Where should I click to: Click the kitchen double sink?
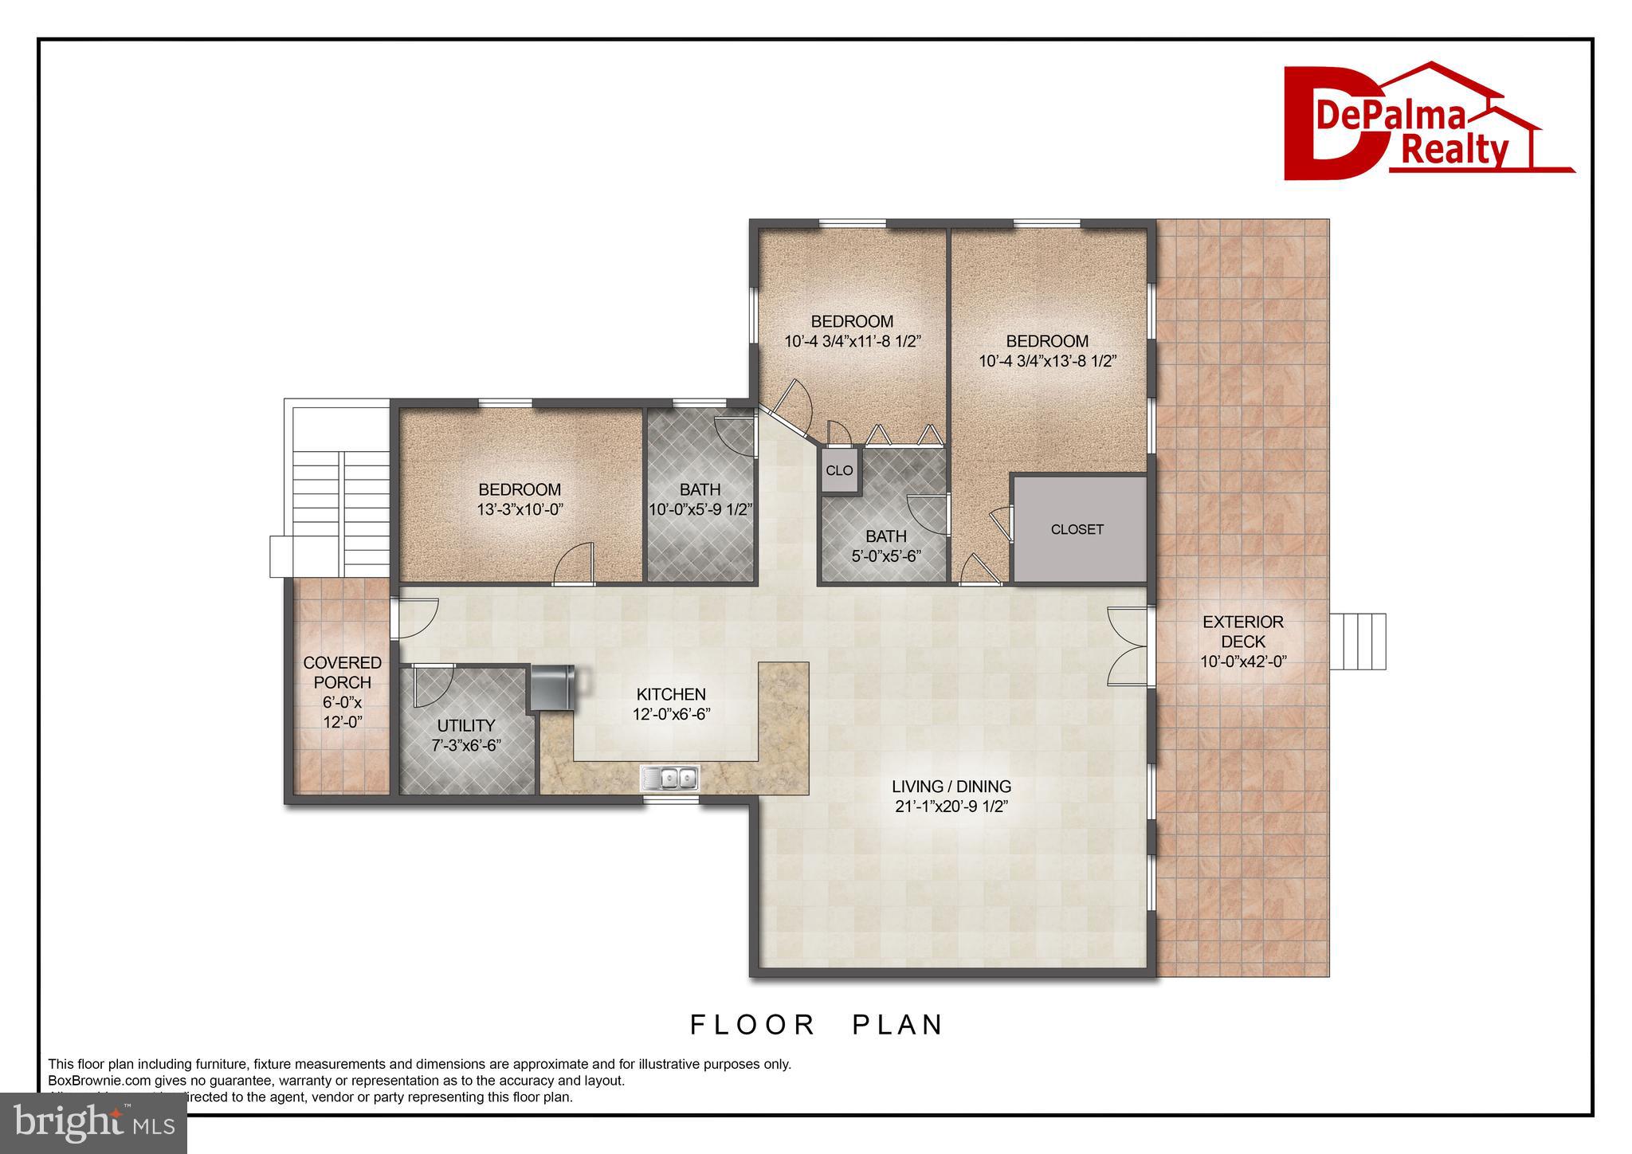(671, 777)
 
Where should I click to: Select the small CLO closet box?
(838, 470)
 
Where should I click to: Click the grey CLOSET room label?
(1077, 529)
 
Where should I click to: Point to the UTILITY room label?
(466, 725)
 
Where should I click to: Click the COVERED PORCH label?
(342, 672)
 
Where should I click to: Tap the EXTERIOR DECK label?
(1243, 631)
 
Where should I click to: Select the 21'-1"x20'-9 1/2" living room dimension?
(951, 806)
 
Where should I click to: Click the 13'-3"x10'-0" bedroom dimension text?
(520, 509)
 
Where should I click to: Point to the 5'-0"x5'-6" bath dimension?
(886, 556)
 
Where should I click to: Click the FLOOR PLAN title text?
(816, 1024)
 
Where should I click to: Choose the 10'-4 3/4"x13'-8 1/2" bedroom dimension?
(1047, 360)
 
